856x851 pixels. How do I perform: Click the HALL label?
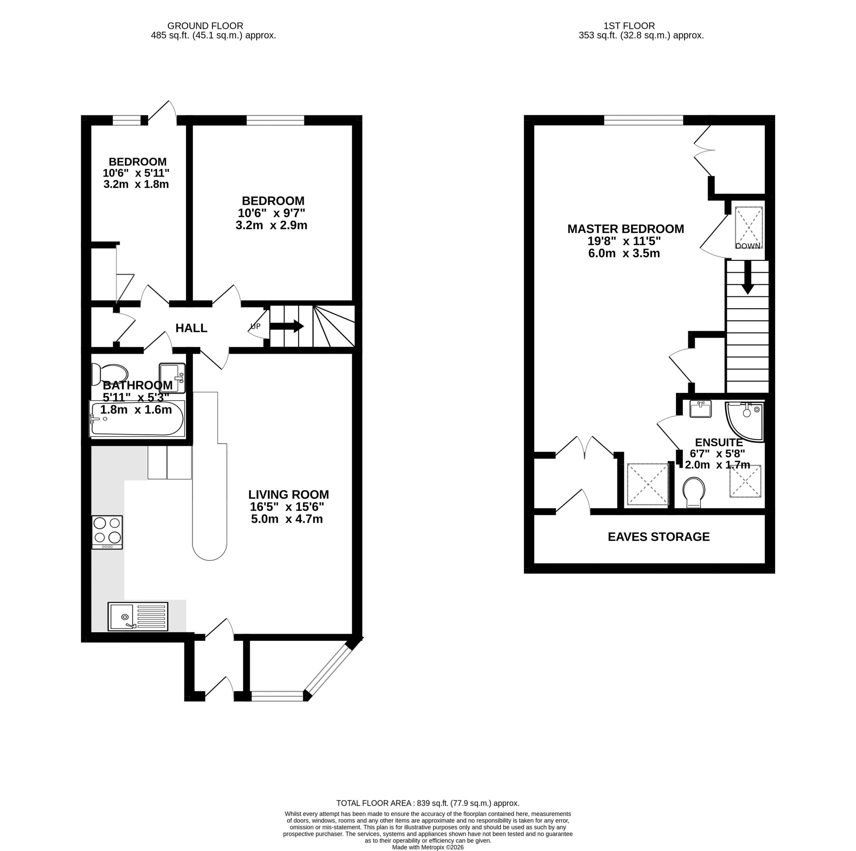coord(191,328)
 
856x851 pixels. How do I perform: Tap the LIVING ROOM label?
coord(289,495)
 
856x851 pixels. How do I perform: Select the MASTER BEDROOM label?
coord(626,229)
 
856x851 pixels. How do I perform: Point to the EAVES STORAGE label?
coord(659,537)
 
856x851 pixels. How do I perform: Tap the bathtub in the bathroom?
coord(137,418)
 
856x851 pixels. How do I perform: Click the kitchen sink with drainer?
coord(138,616)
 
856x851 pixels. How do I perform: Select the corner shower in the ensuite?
coord(745,421)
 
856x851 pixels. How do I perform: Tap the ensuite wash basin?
coord(701,409)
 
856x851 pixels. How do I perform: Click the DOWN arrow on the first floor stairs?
coord(748,277)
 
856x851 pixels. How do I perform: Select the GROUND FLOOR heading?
coord(205,26)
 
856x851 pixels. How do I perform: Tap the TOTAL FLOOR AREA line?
coord(428,816)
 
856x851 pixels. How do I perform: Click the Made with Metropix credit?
coord(428,847)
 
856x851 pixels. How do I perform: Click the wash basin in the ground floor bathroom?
coord(172,378)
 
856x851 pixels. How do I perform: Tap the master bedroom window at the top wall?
coord(644,120)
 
